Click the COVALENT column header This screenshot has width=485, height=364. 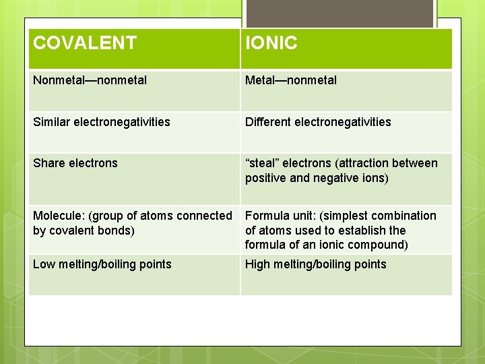click(x=85, y=44)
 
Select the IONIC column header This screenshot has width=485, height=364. click(x=271, y=44)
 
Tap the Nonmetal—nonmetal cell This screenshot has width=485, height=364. click(x=90, y=80)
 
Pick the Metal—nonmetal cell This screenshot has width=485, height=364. click(x=291, y=80)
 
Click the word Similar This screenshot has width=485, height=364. click(x=51, y=122)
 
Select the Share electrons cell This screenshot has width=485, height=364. click(x=75, y=163)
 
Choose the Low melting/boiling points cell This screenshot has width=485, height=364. click(x=102, y=264)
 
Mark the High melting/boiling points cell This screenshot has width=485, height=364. click(x=316, y=264)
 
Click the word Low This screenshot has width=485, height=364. click(x=44, y=264)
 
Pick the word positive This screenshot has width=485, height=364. click(x=267, y=178)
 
